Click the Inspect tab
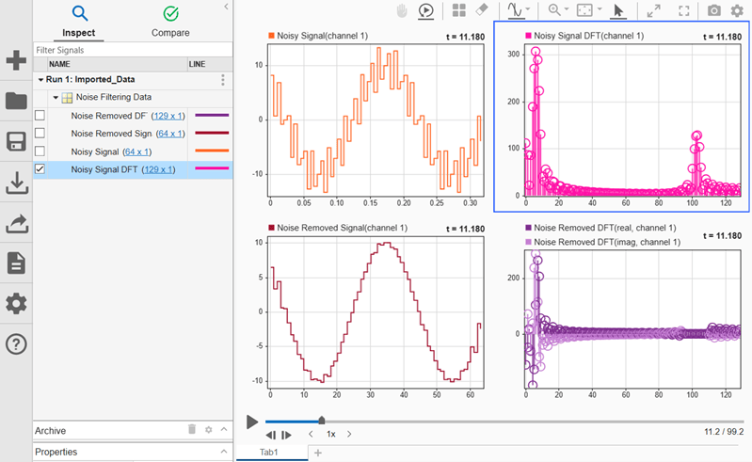79,22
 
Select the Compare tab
170,22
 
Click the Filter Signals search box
133,50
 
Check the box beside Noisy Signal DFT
40,169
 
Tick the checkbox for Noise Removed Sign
40,134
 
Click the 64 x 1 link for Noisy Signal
137,151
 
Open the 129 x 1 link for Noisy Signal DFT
158,169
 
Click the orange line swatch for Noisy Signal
212,151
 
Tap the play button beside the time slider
252,422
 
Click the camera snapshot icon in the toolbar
713,10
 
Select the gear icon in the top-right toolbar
737,10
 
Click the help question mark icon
16,344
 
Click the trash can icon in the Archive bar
192,429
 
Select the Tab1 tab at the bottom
268,452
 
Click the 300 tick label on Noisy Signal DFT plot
513,55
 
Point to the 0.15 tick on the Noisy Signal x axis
370,203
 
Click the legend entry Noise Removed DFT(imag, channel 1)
607,243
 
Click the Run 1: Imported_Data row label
90,80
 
